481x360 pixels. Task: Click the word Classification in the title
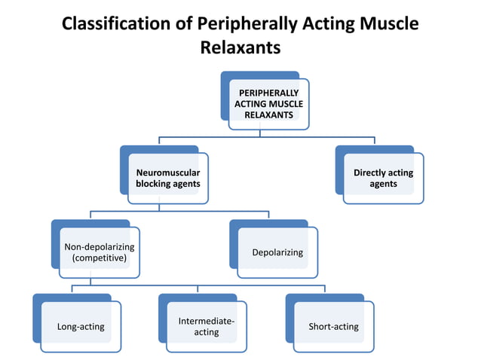tap(117, 23)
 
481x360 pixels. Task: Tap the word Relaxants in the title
tap(240, 48)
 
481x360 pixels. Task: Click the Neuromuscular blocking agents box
tap(167, 178)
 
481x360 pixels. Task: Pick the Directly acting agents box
tap(383, 178)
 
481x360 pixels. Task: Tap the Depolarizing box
tap(278, 252)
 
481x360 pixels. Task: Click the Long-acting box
tap(81, 326)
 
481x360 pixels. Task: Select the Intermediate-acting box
tap(206, 326)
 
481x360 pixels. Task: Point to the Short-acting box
tap(333, 326)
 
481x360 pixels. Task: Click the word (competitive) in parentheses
tap(99, 258)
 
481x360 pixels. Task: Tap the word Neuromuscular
tap(167, 172)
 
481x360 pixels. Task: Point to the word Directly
tap(372, 172)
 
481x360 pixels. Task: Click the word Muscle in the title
tap(389, 23)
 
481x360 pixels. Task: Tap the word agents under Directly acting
tap(383, 184)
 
